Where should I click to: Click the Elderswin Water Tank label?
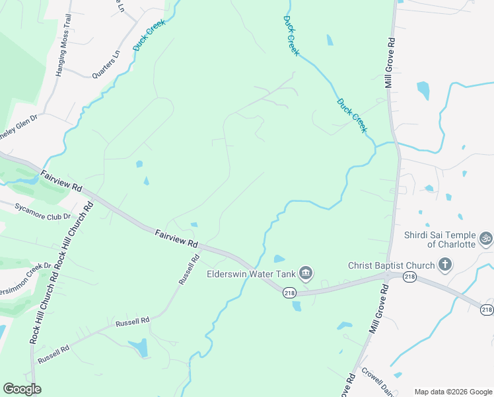tap(250, 273)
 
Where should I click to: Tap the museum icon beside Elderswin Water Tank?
tap(305, 273)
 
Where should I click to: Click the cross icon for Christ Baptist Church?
tap(445, 265)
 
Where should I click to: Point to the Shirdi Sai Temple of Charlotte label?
tap(441, 240)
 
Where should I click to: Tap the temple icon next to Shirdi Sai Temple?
tap(486, 237)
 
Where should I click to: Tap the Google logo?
tap(22, 389)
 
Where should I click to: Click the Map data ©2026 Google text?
tap(452, 391)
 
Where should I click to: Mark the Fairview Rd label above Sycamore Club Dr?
tap(61, 182)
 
